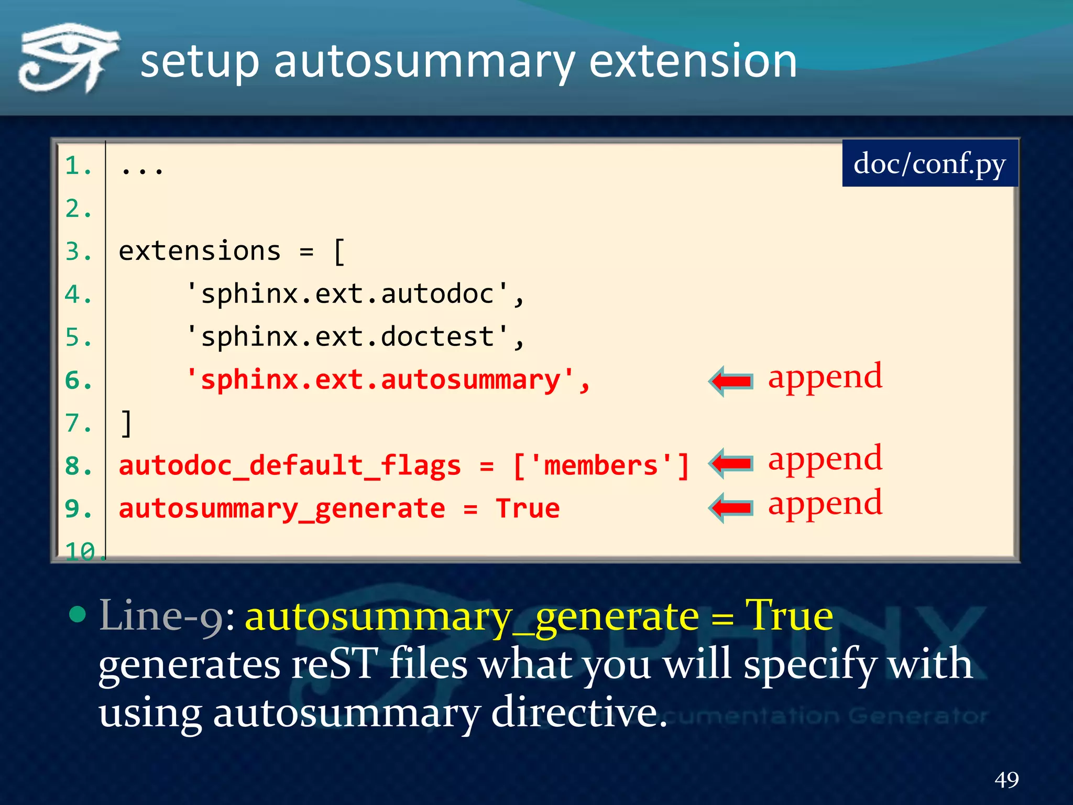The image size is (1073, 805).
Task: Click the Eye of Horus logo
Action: point(68,58)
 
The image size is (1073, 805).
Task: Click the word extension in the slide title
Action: point(693,61)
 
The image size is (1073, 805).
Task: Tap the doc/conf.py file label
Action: point(929,164)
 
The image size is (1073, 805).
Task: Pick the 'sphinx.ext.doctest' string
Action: point(355,337)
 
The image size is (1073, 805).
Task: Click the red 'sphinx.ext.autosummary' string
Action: point(388,380)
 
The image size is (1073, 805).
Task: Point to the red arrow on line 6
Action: point(730,381)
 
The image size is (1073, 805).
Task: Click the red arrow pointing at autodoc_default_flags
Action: point(730,463)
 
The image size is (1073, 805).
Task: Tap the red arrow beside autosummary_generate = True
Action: point(730,507)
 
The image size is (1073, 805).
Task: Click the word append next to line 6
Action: point(825,377)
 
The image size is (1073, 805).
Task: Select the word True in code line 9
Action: point(528,509)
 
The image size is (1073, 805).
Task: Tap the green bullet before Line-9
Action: point(78,614)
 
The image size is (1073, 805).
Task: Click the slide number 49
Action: point(1006,779)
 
